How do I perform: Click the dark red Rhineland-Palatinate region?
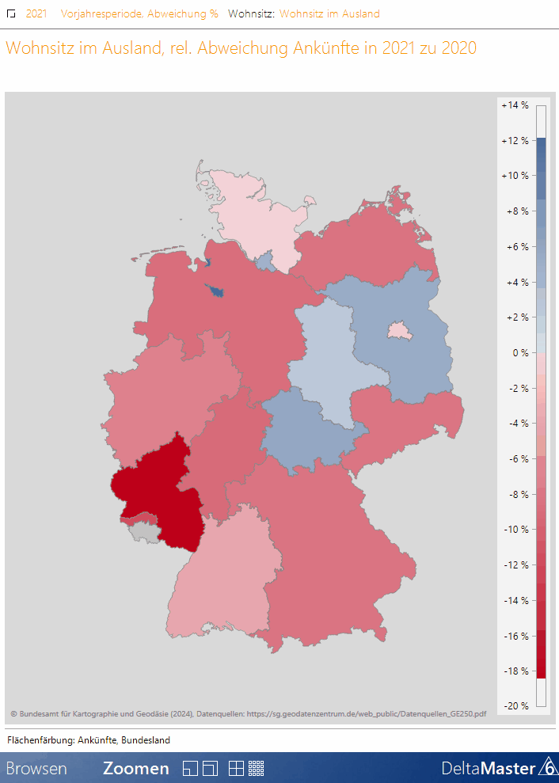coord(154,495)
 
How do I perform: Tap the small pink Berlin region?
coord(399,330)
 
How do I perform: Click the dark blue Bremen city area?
coord(215,291)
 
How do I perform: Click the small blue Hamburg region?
coord(266,260)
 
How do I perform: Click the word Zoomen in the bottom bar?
coord(135,768)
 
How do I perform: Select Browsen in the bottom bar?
coord(36,768)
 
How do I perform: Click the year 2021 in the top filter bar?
coord(36,13)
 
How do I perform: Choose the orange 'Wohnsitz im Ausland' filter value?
coord(329,13)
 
